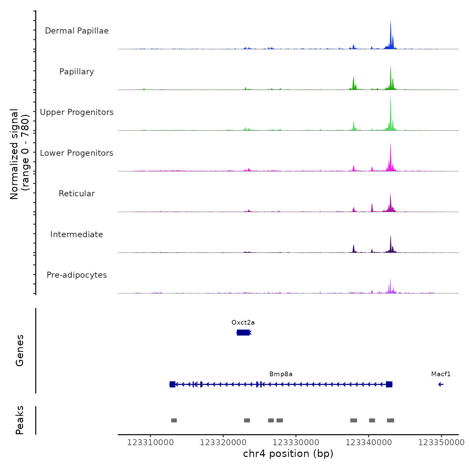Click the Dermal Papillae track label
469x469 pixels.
point(77,31)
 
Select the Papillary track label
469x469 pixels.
point(77,72)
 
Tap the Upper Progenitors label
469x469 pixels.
point(77,112)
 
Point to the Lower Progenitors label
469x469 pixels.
point(77,153)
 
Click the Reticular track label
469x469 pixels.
point(77,194)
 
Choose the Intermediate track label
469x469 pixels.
point(77,234)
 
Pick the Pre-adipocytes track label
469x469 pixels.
point(77,275)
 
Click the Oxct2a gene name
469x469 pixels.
point(243,323)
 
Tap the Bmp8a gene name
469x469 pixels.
point(281,374)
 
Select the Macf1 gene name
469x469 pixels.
point(441,374)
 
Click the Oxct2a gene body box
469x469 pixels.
point(243,332)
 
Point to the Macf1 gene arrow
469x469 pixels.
point(441,384)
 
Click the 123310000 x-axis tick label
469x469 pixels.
point(150,443)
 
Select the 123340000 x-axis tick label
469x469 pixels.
point(368,443)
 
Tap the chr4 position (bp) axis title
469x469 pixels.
point(288,454)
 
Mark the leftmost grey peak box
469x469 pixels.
point(174,420)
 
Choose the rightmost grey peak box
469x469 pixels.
point(391,420)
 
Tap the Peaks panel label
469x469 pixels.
point(20,420)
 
